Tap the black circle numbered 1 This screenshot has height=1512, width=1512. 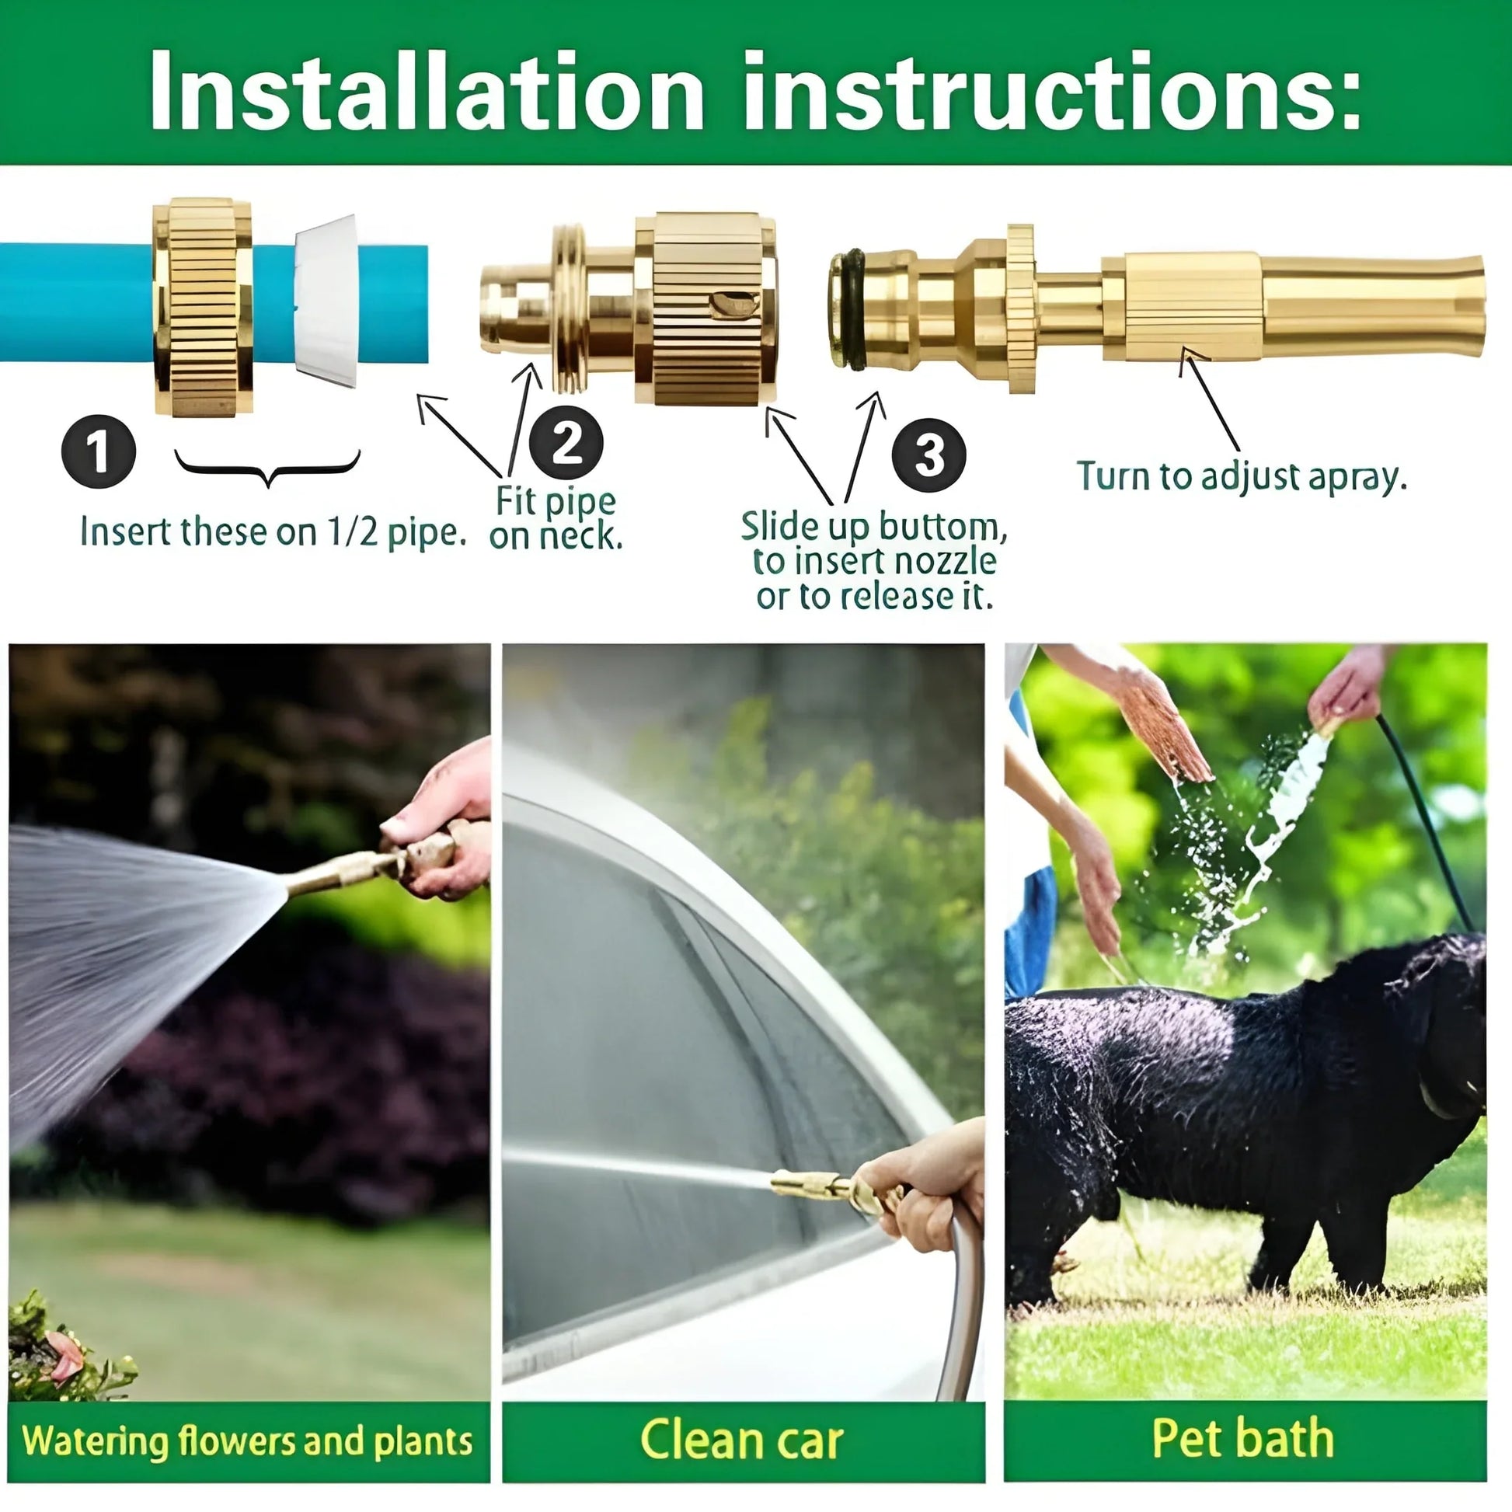point(99,451)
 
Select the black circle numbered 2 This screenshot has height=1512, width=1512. point(566,443)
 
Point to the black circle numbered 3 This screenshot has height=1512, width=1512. point(929,455)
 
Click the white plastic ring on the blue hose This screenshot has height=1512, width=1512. point(327,301)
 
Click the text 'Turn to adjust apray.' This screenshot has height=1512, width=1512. point(1241,476)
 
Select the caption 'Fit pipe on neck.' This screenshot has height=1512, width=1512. point(556,518)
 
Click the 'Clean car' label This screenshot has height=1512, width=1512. point(742,1440)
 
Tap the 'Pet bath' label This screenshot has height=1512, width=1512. point(1244,1438)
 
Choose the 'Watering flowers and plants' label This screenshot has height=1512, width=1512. point(248,1441)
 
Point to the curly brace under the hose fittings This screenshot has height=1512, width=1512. point(267,467)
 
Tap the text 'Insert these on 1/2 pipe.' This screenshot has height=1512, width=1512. point(273,533)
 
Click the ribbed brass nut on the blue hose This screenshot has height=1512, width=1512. point(204,307)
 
